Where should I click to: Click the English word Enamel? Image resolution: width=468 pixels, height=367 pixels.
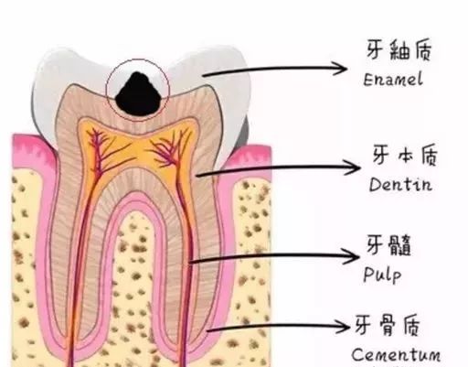393,80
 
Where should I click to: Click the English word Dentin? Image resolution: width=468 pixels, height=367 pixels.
400,184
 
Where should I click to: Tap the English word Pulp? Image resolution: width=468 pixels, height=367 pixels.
382,274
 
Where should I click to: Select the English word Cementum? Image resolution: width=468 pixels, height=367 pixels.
396,354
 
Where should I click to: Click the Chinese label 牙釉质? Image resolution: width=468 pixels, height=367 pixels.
399,49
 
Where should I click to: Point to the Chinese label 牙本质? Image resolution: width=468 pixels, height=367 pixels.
405,155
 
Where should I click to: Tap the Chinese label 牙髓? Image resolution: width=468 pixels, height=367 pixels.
388,244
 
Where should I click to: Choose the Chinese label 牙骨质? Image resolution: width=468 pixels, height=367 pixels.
388,325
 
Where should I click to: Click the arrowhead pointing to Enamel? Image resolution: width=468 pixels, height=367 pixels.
340,68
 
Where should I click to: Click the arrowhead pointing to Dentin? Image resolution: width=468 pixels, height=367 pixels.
353,167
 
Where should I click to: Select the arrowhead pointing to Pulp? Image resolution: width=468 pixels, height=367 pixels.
351,256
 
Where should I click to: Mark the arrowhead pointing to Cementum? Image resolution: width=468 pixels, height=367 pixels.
342,327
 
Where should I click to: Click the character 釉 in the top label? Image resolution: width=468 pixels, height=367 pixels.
399,49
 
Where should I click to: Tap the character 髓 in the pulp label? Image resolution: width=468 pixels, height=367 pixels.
399,244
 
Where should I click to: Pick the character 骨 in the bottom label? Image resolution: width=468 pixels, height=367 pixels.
388,325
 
